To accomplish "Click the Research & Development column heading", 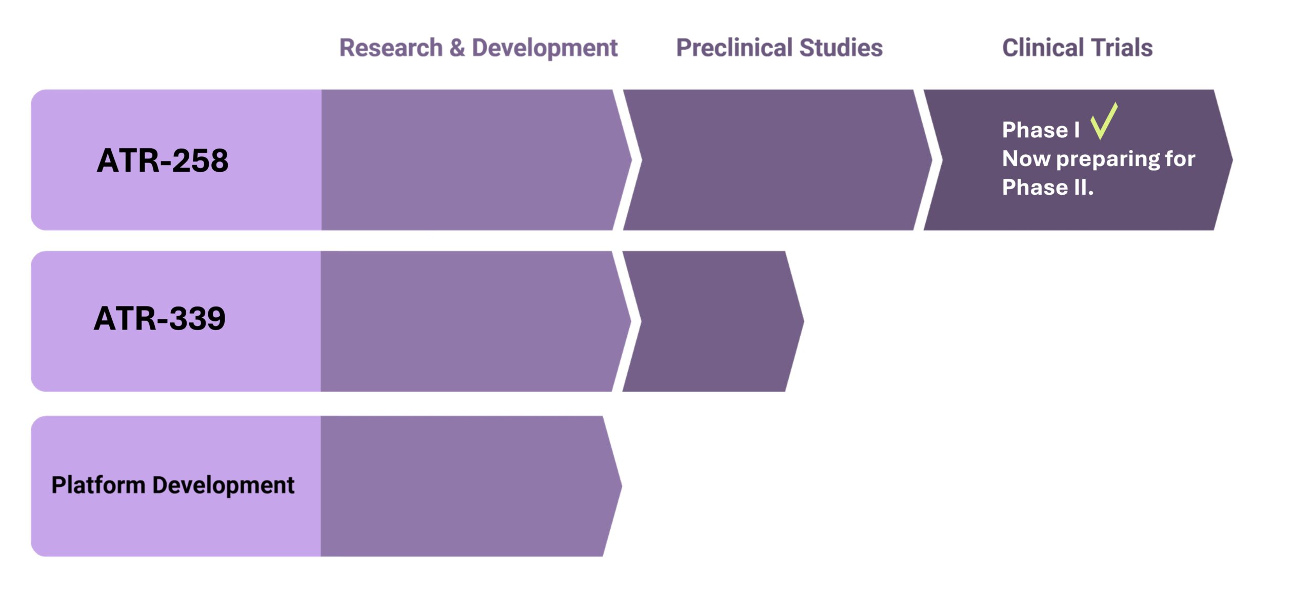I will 478,48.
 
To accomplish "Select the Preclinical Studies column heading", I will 779,48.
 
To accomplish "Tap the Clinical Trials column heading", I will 1077,48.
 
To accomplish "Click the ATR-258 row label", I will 163,160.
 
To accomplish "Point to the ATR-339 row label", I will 160,318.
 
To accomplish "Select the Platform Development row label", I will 173,485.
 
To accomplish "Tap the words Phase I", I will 1040,130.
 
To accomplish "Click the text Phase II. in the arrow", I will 1047,188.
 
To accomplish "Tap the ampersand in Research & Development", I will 457,48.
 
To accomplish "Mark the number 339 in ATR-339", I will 197,318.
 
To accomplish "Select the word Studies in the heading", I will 841,48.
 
